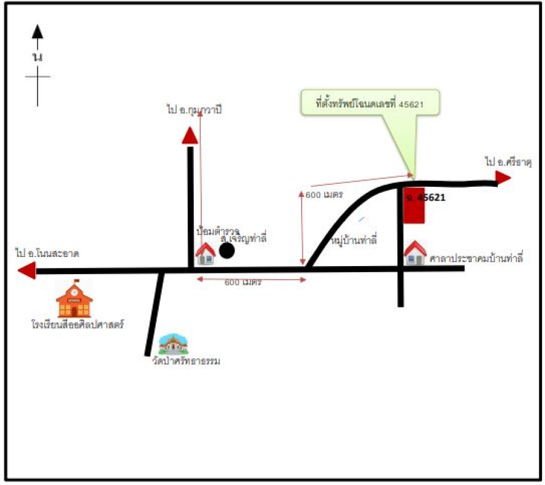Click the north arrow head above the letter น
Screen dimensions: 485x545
[x=38, y=32]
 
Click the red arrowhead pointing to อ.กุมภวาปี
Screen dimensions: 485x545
[x=190, y=136]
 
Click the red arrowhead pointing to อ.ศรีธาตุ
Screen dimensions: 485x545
[x=503, y=177]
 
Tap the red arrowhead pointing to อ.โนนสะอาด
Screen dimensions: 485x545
[x=27, y=270]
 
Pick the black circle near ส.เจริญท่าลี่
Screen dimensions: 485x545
[x=226, y=250]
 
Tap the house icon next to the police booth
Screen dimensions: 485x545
[x=206, y=253]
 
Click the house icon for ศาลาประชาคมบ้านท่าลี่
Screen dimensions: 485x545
[x=415, y=253]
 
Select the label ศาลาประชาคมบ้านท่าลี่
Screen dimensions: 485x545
[x=476, y=259]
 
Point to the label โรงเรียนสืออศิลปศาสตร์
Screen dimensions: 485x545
[x=78, y=324]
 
